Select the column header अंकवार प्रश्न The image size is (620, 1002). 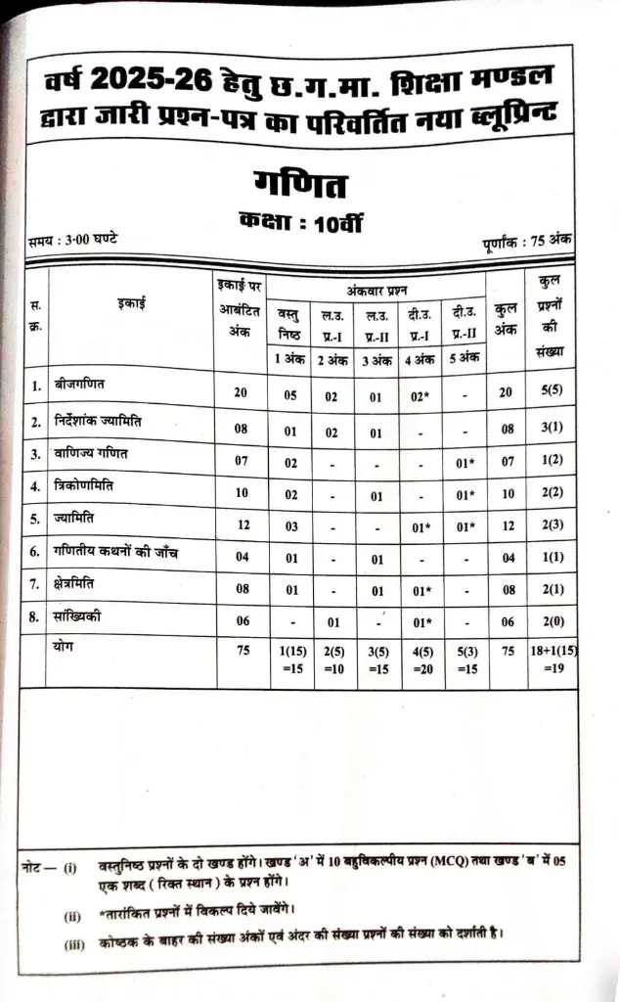[376, 290]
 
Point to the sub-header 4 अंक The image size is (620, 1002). [421, 358]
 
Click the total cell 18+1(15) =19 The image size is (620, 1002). [551, 660]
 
